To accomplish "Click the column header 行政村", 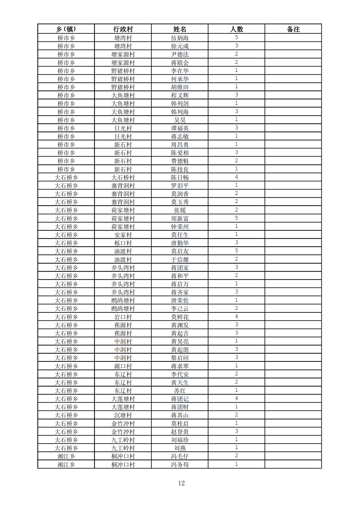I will pos(123,29).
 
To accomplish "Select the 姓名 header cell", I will pos(180,29).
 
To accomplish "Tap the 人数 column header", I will pos(236,29).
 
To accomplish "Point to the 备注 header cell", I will pos(293,29).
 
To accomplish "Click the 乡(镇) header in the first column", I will pos(66,29).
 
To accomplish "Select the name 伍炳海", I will pos(180,38).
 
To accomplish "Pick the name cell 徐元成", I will pos(180,46).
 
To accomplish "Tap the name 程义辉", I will pos(180,95).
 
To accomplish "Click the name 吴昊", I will pos(180,120).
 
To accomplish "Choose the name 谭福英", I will pos(180,128).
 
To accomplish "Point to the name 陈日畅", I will pos(180,177).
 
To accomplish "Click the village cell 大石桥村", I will pos(123,177).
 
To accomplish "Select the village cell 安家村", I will pos(123,235).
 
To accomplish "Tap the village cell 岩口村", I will pos(123,317).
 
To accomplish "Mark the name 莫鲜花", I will pos(180,317).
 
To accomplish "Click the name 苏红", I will pos(180,391).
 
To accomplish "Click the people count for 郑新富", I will pos(236,218).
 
